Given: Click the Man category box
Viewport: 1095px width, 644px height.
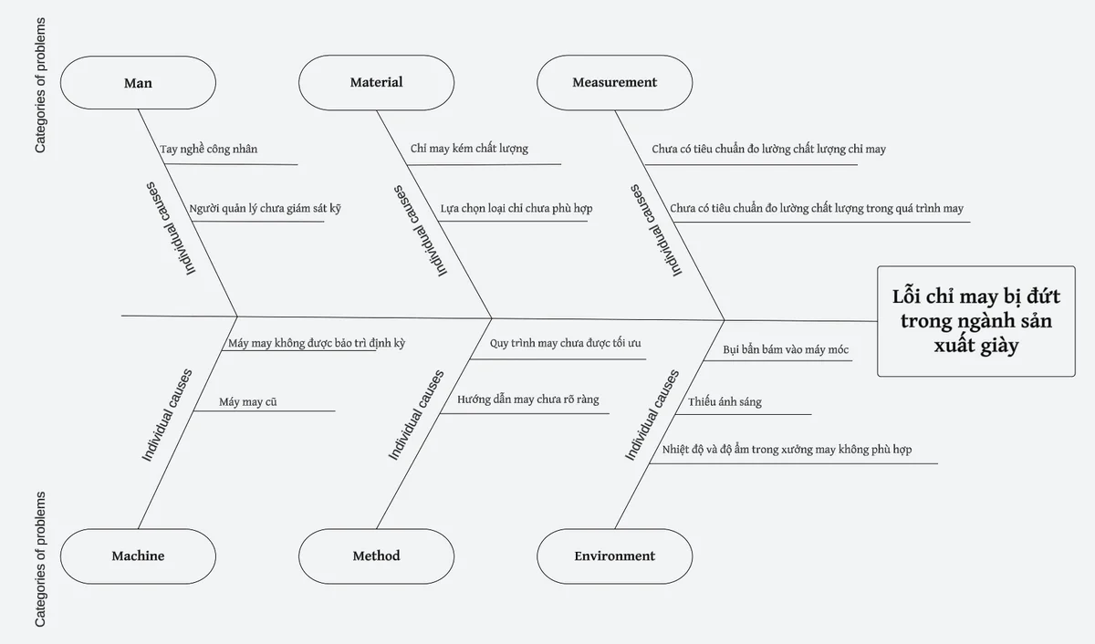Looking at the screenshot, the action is pyautogui.click(x=138, y=83).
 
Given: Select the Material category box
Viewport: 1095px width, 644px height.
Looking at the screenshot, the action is pyautogui.click(x=376, y=82).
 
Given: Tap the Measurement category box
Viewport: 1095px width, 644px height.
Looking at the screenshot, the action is pyautogui.click(x=614, y=82).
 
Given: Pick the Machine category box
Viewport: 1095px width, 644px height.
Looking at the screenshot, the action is pyautogui.click(x=138, y=556).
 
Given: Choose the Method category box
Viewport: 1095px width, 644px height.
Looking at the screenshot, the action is pyautogui.click(x=376, y=556).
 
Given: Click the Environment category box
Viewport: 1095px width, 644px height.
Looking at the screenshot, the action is pyautogui.click(x=614, y=556).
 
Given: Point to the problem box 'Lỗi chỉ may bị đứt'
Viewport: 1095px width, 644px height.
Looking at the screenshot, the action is pyautogui.click(x=976, y=321).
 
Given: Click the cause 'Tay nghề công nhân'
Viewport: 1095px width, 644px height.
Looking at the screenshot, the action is pyautogui.click(x=209, y=149).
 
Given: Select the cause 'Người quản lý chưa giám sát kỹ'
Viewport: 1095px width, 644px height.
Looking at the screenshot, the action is pyautogui.click(x=265, y=209).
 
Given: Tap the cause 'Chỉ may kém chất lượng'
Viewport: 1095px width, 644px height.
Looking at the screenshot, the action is pyautogui.click(x=469, y=149).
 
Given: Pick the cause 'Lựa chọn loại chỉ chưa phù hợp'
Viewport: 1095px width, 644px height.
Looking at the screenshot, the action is pyautogui.click(x=516, y=209).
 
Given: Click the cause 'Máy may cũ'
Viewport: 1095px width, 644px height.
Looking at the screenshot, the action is pyautogui.click(x=248, y=402).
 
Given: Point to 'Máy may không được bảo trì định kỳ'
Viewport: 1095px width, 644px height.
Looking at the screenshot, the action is pyautogui.click(x=317, y=343).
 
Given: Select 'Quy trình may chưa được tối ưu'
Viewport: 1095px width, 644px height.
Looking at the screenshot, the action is pyautogui.click(x=565, y=343).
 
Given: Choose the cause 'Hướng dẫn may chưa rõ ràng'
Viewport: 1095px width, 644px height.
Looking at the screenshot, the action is pyautogui.click(x=528, y=400).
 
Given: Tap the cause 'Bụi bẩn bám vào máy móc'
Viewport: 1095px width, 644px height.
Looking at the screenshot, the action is pyautogui.click(x=786, y=349).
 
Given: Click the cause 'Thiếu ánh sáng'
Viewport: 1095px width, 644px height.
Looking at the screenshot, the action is pyautogui.click(x=725, y=402).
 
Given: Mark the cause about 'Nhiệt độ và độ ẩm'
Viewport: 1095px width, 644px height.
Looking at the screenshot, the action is pyautogui.click(x=787, y=450).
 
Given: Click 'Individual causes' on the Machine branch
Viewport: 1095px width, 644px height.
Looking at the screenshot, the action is pyautogui.click(x=167, y=415).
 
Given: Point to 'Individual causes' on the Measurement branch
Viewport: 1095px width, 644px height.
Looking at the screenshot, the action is pyautogui.click(x=656, y=230).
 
